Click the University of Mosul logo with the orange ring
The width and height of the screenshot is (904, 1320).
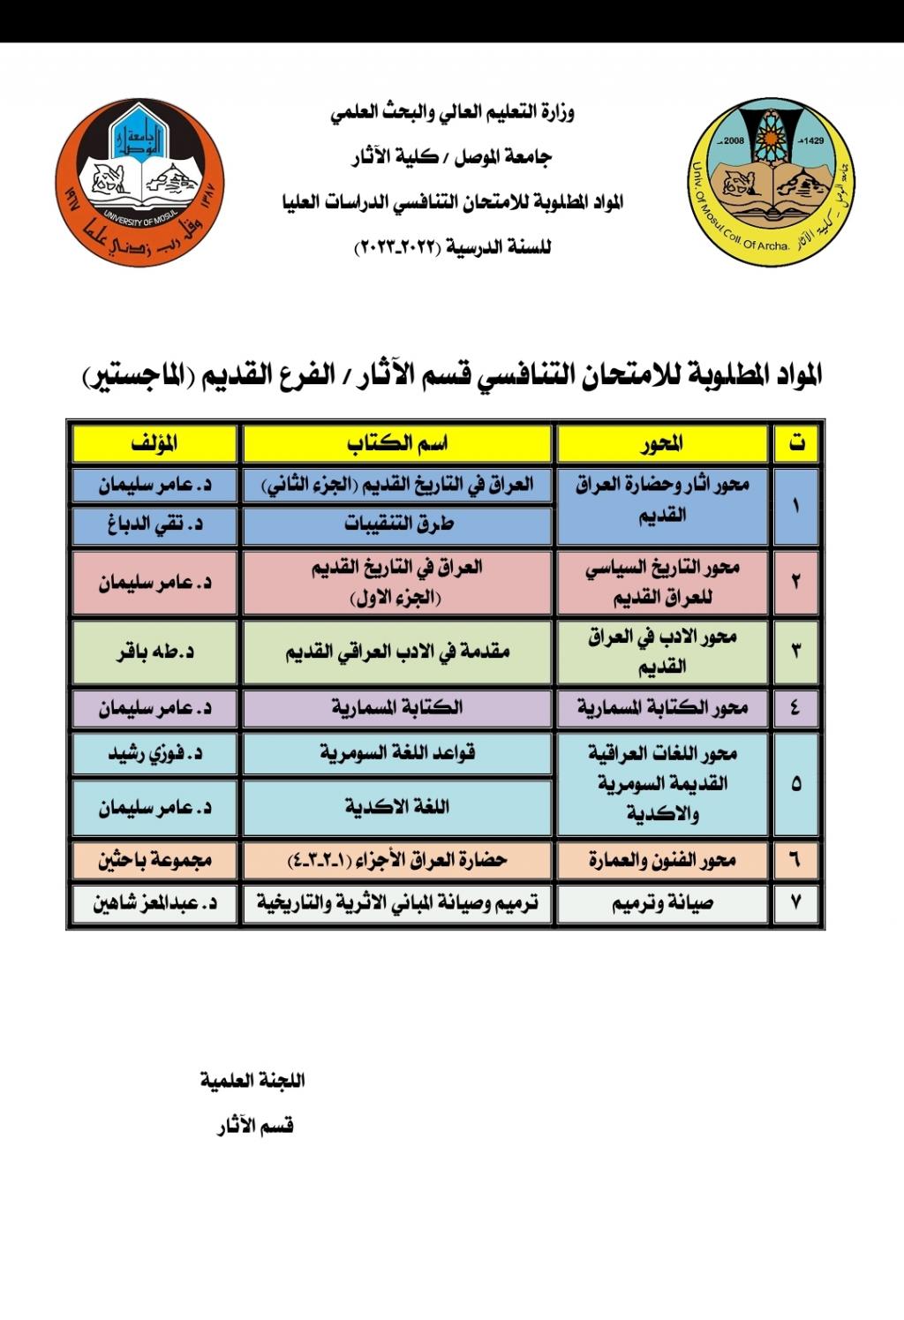[139, 183]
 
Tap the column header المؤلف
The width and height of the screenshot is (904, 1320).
[154, 444]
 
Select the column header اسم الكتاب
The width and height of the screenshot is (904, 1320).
[398, 444]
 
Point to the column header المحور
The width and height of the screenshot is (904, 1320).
[662, 444]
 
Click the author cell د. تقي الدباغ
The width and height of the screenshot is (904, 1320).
[154, 524]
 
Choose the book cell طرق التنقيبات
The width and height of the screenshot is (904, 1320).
[398, 524]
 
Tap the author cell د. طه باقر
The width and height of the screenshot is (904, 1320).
[154, 652]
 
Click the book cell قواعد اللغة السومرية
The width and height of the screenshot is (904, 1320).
[398, 753]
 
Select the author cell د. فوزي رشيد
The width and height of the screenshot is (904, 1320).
[154, 753]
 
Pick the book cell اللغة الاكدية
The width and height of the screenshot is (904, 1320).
[398, 807]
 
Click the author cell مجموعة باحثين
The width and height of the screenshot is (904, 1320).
[154, 859]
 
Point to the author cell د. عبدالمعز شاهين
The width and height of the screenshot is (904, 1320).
[154, 903]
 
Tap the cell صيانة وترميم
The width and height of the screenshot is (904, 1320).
[662, 903]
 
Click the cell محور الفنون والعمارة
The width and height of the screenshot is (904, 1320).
[662, 859]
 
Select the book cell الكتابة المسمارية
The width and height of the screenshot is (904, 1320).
[398, 707]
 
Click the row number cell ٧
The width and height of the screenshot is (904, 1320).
[796, 903]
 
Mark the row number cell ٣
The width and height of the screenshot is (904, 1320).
[796, 652]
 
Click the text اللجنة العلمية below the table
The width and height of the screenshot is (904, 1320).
[252, 1080]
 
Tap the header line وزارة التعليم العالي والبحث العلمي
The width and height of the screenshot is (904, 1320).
[452, 114]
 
